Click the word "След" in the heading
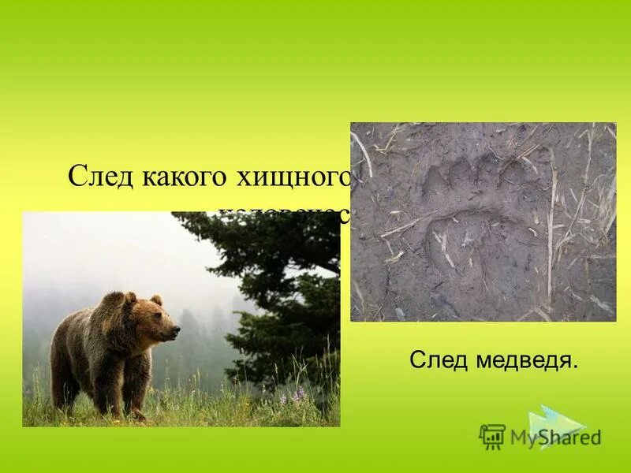pos(102,175)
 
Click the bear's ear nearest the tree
pos(156,300)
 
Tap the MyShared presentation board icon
pos(492,436)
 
